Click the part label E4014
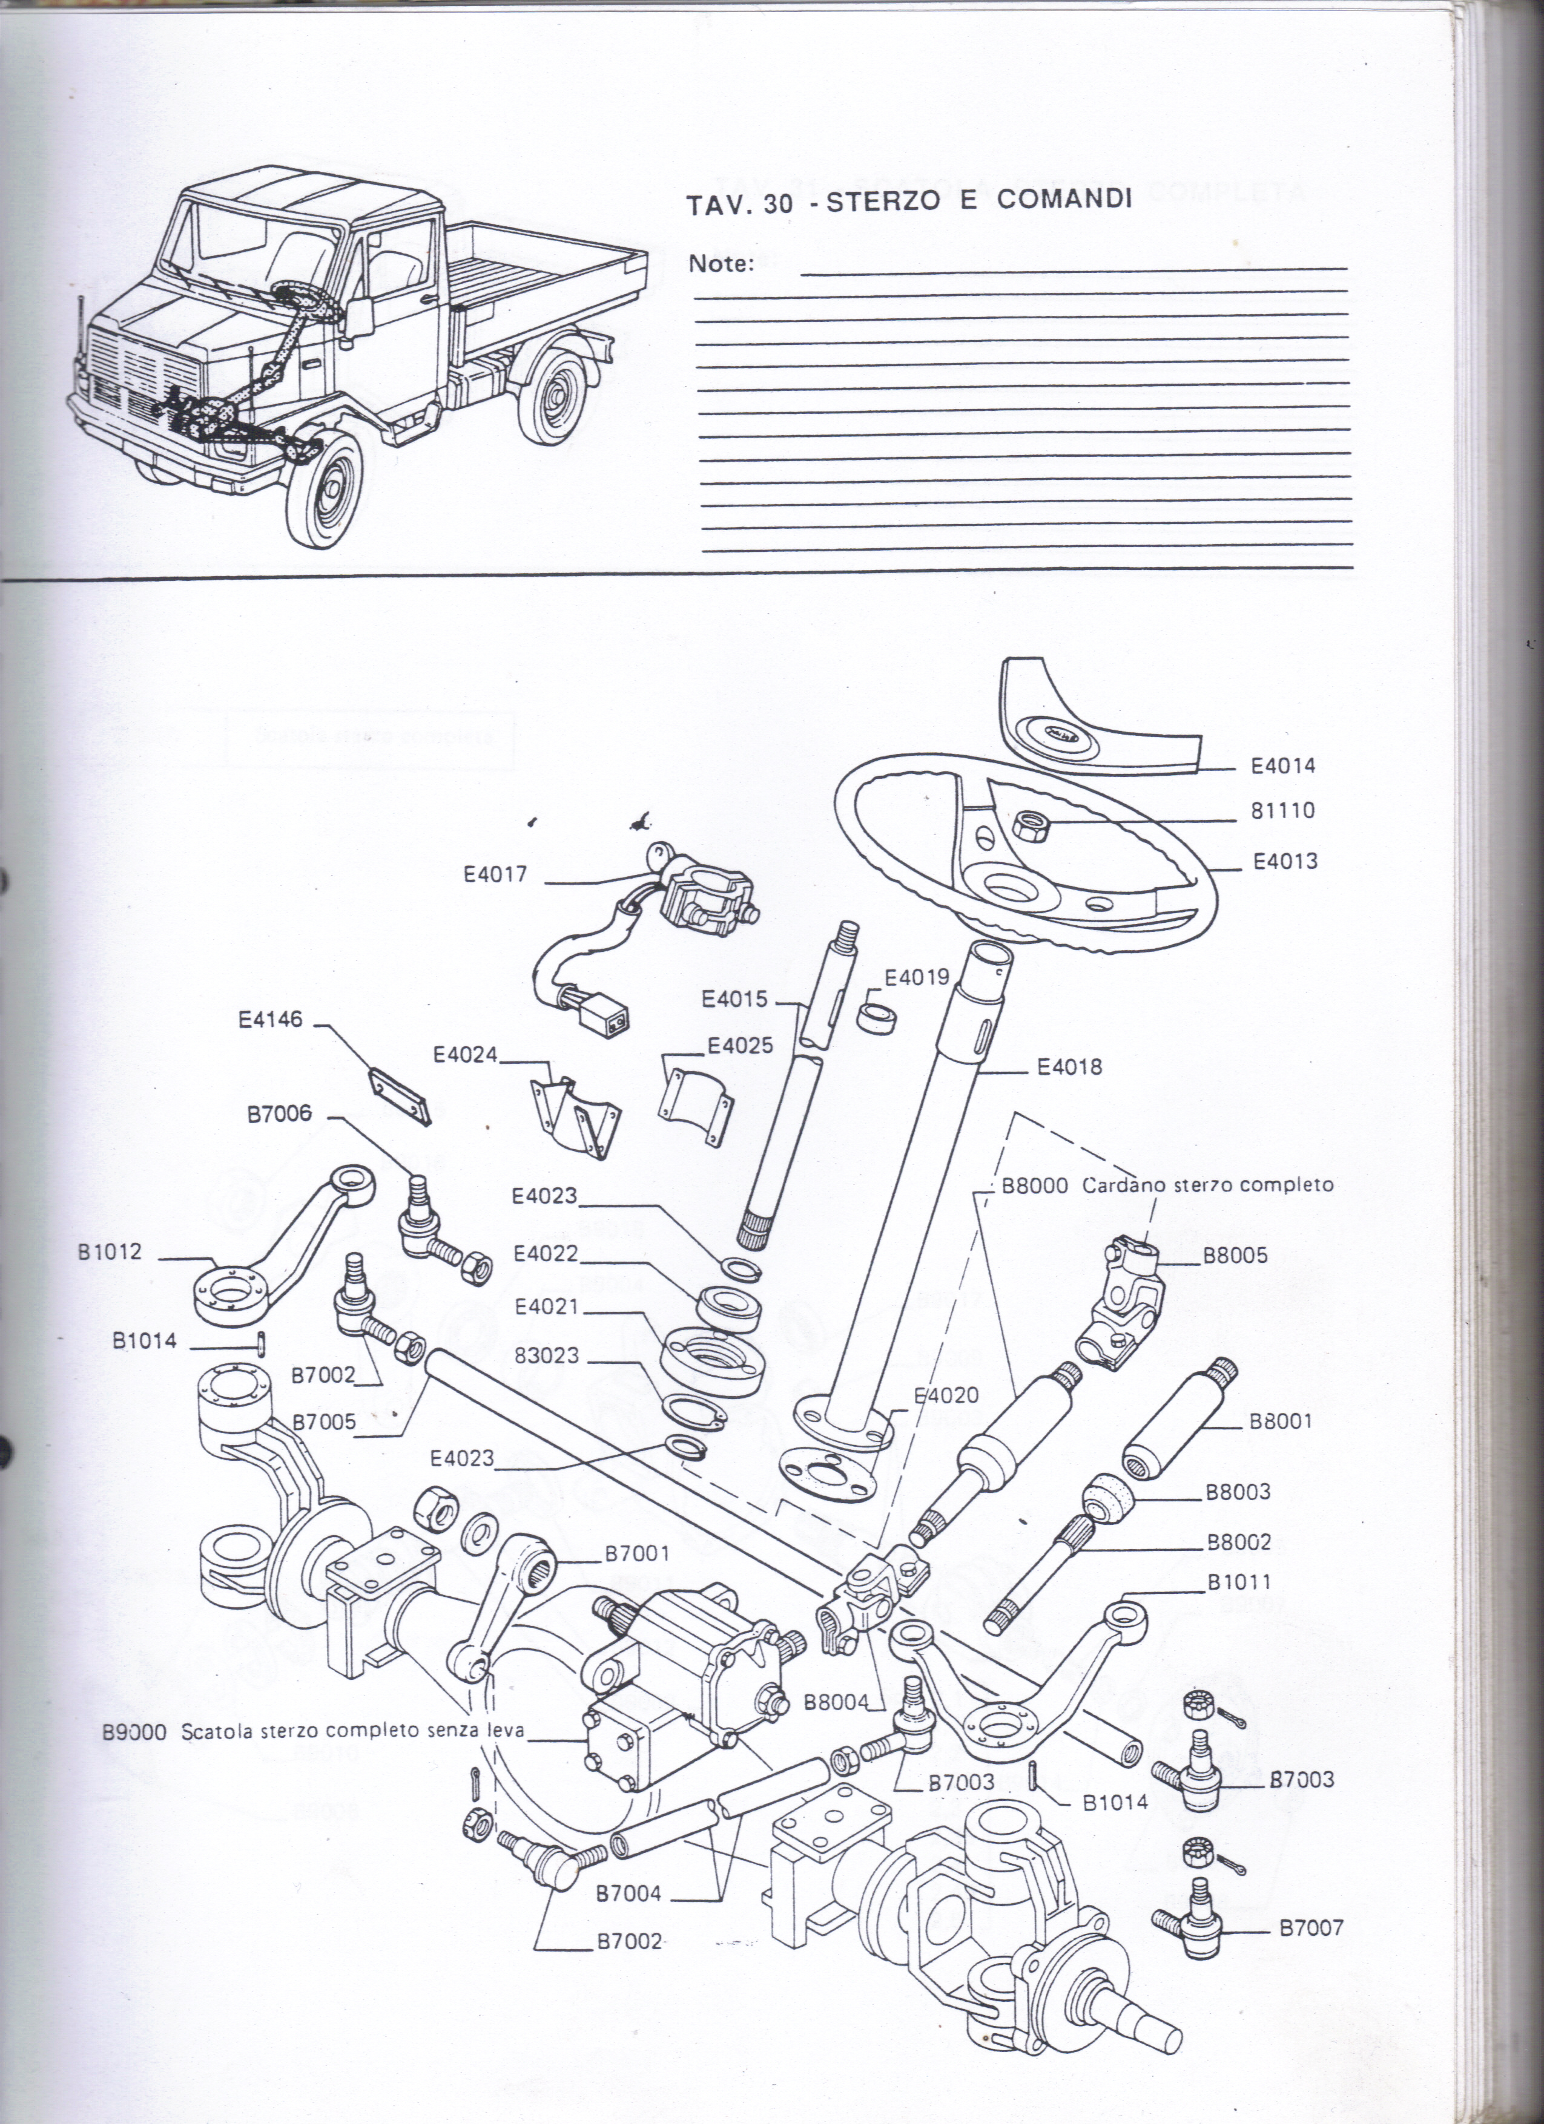(1282, 766)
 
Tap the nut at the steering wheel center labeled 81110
(1030, 824)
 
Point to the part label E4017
(496, 874)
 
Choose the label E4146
(271, 1019)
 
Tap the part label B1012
(111, 1252)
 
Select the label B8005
(1235, 1255)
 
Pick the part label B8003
(1238, 1492)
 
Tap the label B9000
(134, 1732)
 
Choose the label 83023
(547, 1355)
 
